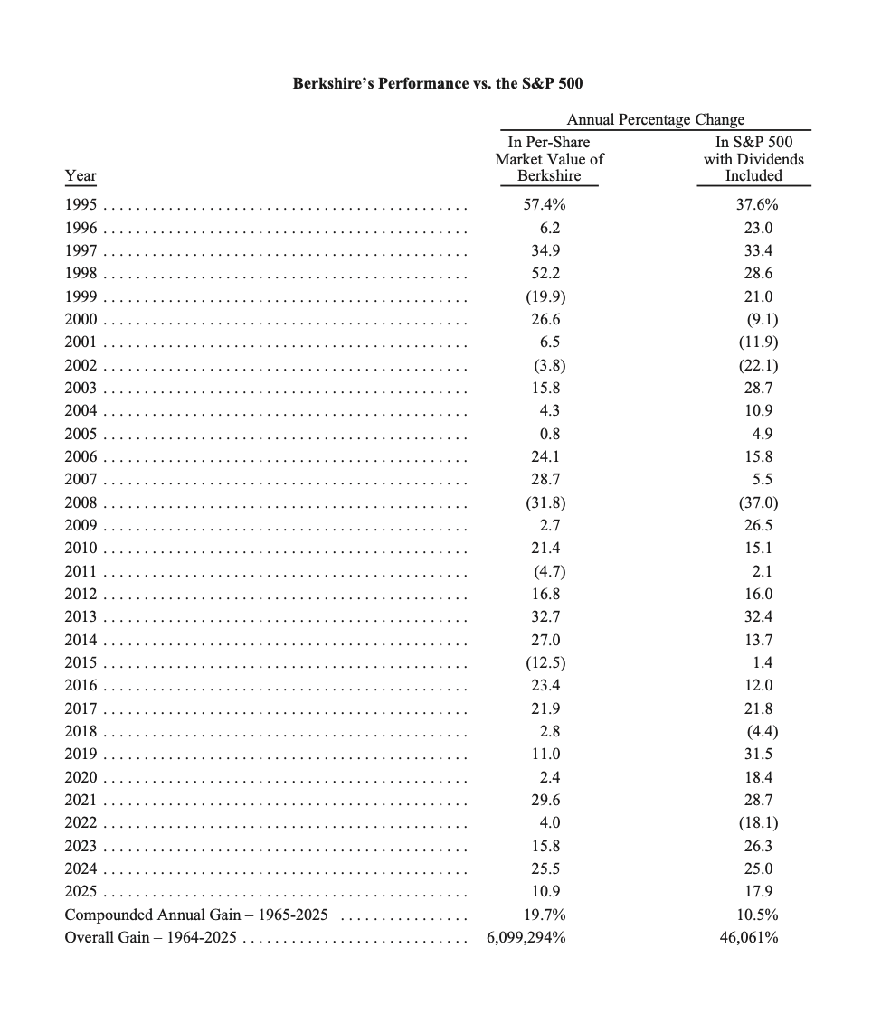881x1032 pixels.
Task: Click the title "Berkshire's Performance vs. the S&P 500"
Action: pos(438,84)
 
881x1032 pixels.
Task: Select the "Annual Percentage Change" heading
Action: pos(655,119)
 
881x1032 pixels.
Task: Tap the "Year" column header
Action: pos(81,175)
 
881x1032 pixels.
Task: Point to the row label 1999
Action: pos(81,296)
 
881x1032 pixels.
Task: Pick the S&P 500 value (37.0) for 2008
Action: pos(759,502)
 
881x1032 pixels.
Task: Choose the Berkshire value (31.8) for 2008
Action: pos(545,502)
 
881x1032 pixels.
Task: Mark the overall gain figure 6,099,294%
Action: pos(526,937)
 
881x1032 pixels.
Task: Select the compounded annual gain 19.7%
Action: pos(545,915)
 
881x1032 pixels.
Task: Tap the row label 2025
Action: pos(81,891)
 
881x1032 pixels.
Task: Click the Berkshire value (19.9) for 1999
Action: pos(545,296)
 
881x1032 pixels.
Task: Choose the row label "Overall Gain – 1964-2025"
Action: pos(150,937)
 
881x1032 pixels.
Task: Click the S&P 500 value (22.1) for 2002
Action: pos(759,365)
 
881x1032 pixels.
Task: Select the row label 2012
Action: pos(81,594)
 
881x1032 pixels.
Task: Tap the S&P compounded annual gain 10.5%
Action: pos(756,915)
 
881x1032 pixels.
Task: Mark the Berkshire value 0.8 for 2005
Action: pos(549,434)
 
